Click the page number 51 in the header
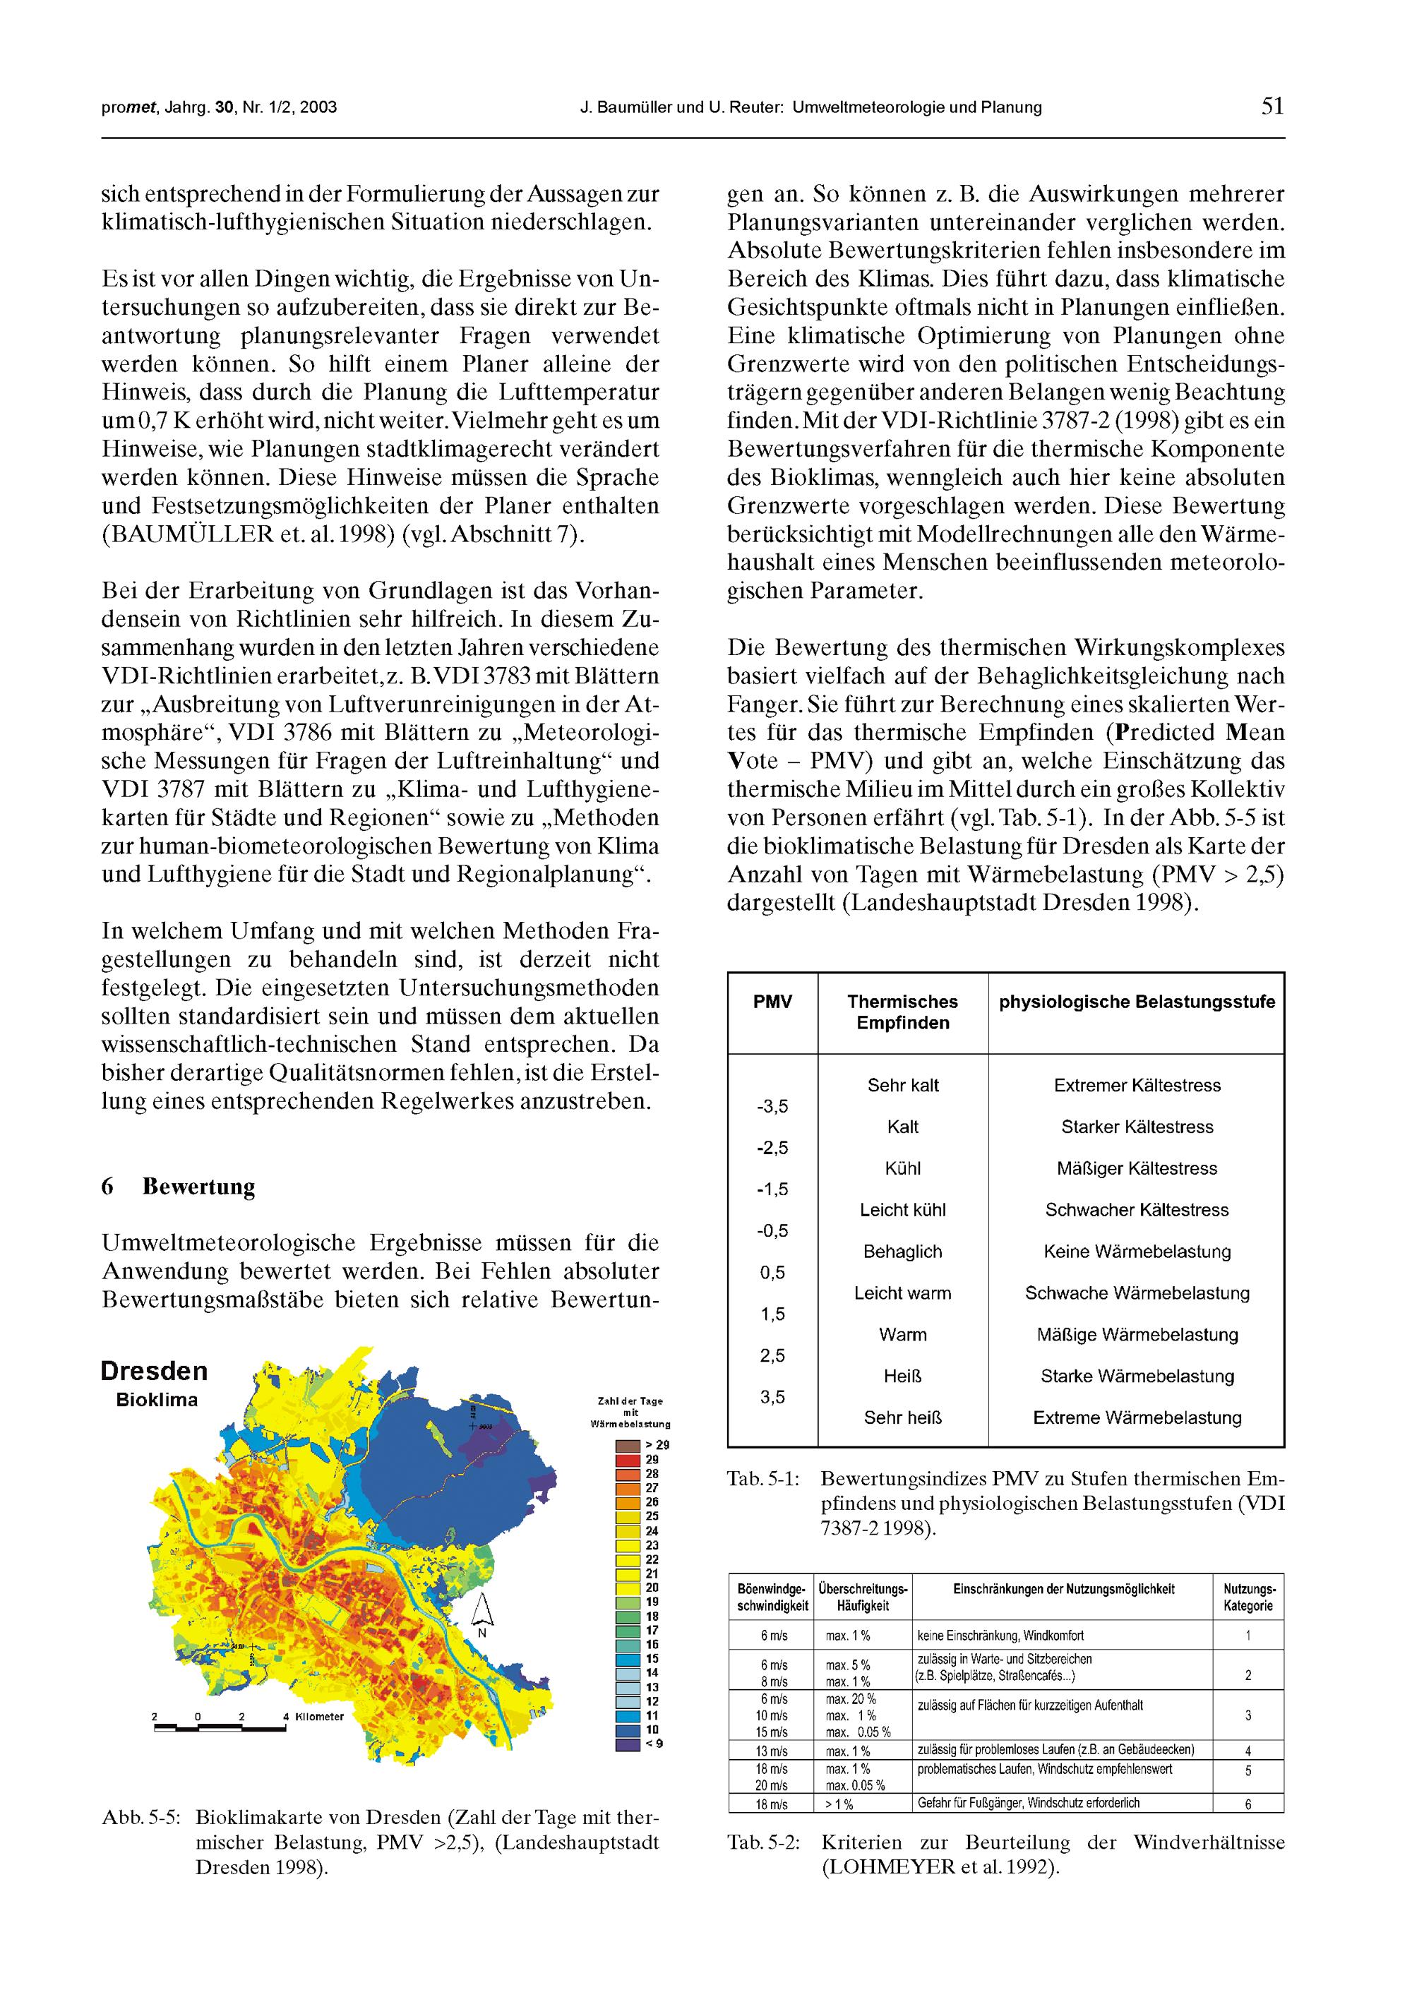1272,107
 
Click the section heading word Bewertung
198,1187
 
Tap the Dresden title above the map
154,1372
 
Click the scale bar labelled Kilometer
220,1727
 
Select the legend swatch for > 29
627,1446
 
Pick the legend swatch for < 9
627,1744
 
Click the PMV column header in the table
772,1002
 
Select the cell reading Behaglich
902,1252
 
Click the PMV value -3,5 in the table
772,1106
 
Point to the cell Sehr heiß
902,1417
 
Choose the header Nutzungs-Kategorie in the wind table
1248,1597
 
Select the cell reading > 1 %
839,1804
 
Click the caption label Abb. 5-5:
141,1818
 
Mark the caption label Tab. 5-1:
763,1479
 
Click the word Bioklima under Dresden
157,1401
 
